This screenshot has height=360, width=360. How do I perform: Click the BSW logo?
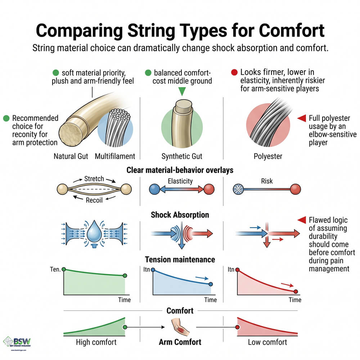(17, 342)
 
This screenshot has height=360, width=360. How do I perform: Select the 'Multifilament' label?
(115, 156)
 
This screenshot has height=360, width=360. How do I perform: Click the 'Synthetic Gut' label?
(182, 156)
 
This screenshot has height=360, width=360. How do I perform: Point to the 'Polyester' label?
(268, 156)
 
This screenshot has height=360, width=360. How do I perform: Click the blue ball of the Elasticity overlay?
(154, 189)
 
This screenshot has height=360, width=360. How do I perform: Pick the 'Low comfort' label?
(267, 342)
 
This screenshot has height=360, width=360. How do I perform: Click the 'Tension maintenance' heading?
(180, 259)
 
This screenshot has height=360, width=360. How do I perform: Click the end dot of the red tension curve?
(296, 292)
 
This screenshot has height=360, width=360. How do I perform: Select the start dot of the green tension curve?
(64, 269)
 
